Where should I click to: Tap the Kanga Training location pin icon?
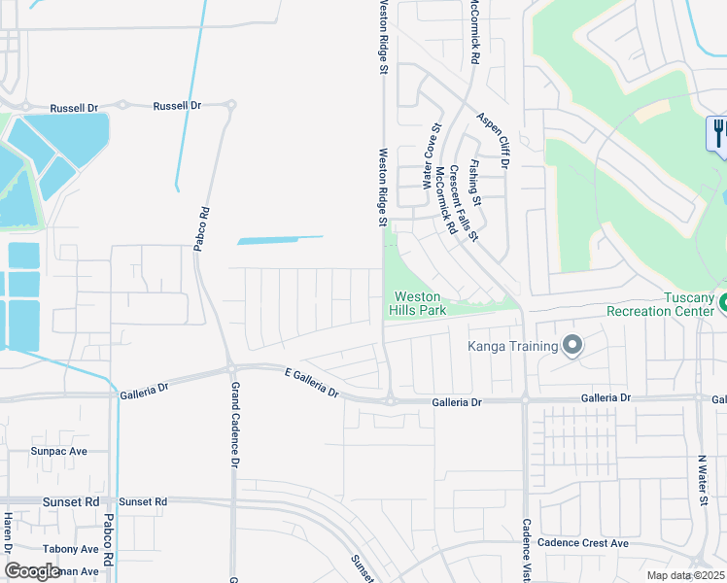coord(572,345)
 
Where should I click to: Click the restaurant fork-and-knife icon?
coord(718,131)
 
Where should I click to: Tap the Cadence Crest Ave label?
coord(582,543)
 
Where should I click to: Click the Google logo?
coord(33,570)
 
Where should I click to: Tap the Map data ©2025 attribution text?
coord(686,575)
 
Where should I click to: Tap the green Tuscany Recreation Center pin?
coord(722,304)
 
